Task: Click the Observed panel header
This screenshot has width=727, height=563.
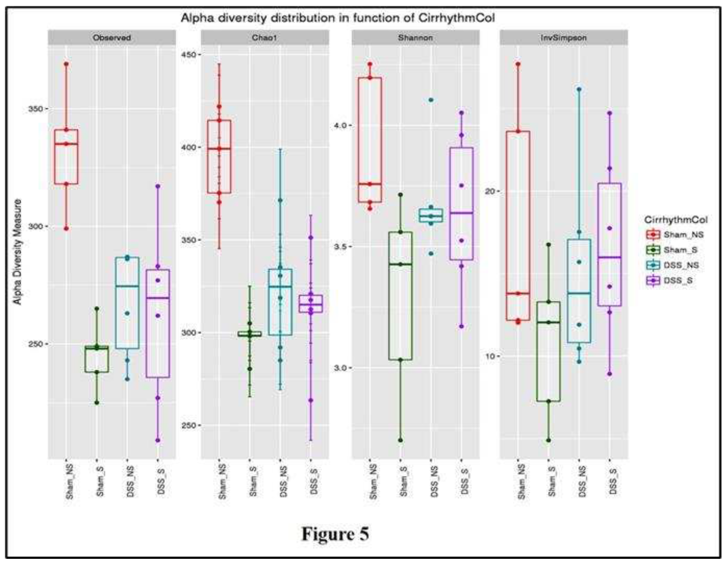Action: point(112,38)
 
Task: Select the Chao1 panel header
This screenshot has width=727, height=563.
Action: point(264,38)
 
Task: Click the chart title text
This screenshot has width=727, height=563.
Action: point(337,18)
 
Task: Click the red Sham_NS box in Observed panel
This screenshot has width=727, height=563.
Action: point(66,157)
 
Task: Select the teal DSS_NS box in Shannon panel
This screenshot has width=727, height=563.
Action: point(431,215)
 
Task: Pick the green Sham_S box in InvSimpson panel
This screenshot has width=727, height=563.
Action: point(548,351)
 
